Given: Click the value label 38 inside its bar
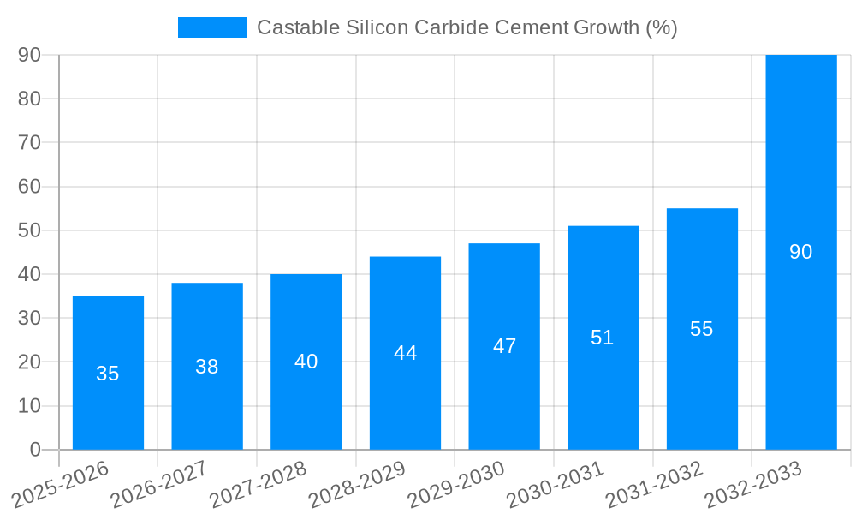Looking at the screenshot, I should pos(206,367).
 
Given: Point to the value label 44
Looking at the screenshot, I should pos(405,353).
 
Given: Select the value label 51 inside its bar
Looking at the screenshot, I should pos(603,338).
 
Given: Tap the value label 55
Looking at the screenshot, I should pos(701,329).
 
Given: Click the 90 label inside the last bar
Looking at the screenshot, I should pos(800,252).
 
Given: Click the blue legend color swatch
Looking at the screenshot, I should pos(211,27).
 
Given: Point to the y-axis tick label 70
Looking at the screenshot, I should pos(29,142).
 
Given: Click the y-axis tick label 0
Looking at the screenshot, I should pos(35,450).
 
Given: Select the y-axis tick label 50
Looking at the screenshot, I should pos(29,230).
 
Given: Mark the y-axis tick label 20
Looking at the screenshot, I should pos(29,362).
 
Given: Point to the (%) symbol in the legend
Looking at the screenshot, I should pos(661,27).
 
